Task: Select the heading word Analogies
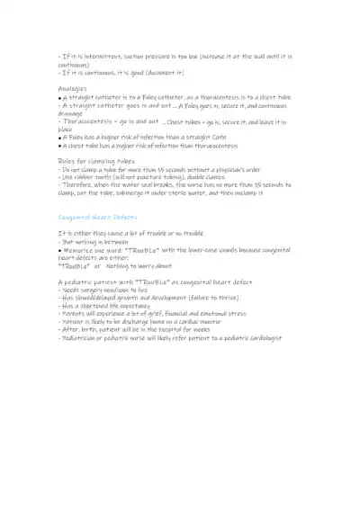pos(73,89)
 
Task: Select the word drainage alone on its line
pos(75,113)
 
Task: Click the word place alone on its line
pos(66,129)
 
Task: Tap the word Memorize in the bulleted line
pos(82,249)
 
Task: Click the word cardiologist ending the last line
pos(258,338)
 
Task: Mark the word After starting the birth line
pos(70,330)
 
